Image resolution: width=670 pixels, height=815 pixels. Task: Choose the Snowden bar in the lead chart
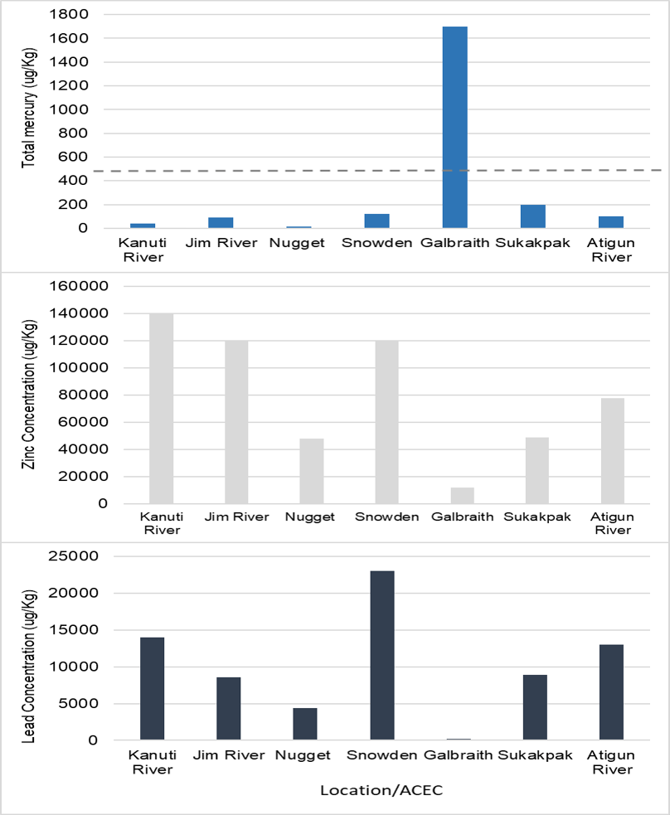[382, 655]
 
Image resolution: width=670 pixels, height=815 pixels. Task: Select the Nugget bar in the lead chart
[305, 724]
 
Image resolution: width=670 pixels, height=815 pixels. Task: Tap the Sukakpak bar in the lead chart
[535, 707]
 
